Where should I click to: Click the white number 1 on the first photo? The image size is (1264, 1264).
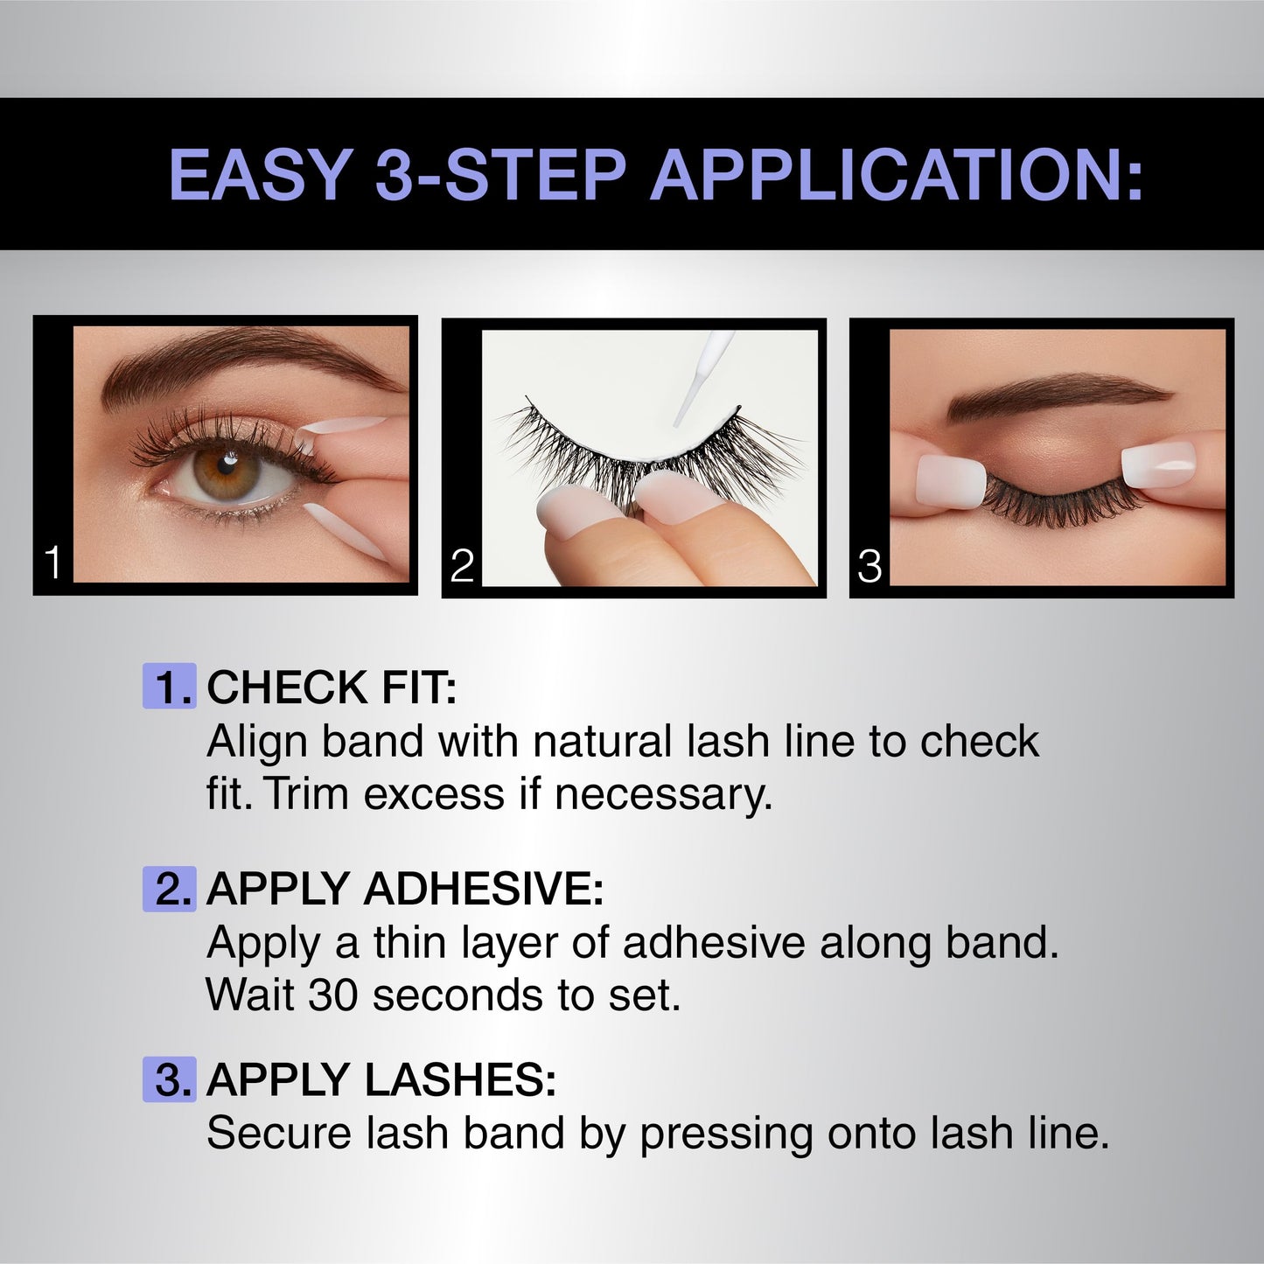tap(53, 562)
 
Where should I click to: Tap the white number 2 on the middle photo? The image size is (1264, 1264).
tap(462, 566)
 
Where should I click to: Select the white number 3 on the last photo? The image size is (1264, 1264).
tap(869, 566)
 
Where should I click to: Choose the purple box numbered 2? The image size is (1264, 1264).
tap(169, 889)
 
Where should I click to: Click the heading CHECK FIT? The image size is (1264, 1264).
tap(332, 688)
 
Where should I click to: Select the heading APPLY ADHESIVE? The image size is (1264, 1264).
tap(405, 889)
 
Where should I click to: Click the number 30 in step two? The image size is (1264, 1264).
tap(333, 995)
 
